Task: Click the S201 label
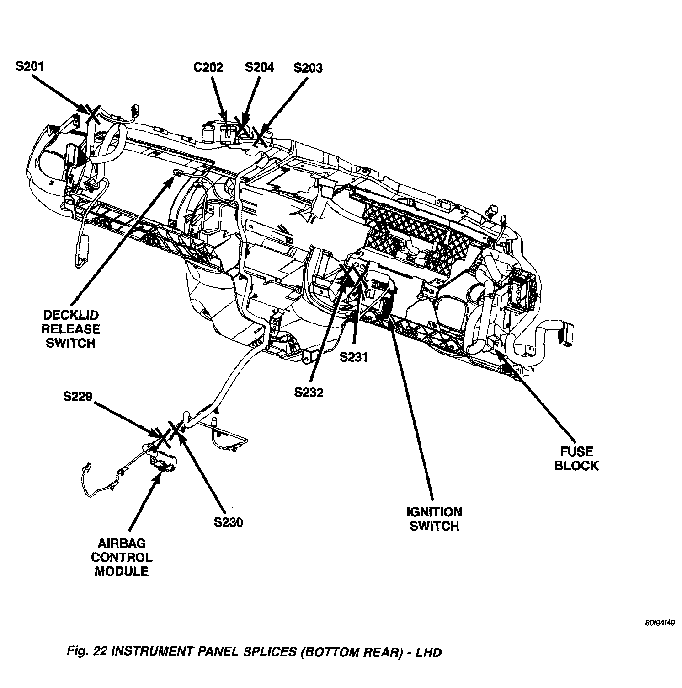pos(30,67)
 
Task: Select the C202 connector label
pos(208,68)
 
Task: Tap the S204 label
pos(259,67)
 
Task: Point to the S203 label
pos(308,68)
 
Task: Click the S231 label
pos(353,357)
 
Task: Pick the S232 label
pos(309,392)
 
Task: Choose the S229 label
pos(78,397)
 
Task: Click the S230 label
pos(229,522)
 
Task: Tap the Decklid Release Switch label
pos(71,329)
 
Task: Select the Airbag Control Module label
pos(122,557)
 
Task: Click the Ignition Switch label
pos(434,519)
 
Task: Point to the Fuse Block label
pos(576,458)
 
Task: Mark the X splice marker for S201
pos(92,112)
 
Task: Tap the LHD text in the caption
pos(429,652)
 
